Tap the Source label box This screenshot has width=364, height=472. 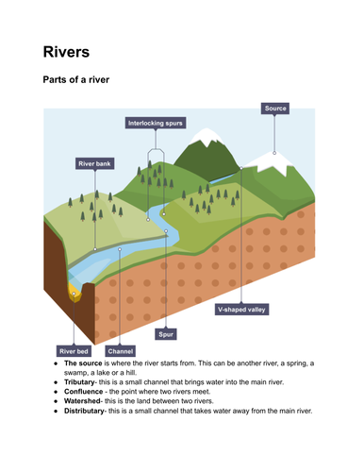click(274, 109)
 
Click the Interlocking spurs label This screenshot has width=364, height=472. click(156, 123)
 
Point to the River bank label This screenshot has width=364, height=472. click(94, 163)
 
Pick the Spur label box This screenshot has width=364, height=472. click(166, 333)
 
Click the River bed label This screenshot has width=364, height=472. click(74, 351)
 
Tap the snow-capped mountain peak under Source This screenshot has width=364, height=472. click(273, 152)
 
